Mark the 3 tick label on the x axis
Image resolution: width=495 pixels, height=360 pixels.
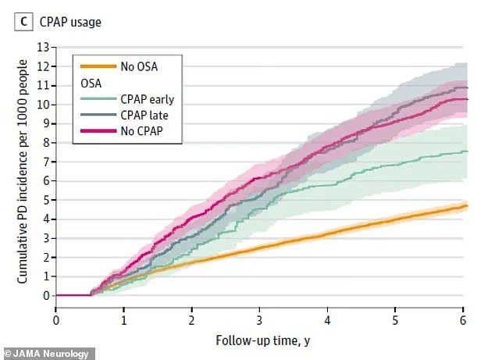click(259, 319)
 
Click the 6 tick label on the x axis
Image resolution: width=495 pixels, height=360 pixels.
click(463, 319)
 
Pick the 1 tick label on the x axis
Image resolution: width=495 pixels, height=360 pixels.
click(123, 319)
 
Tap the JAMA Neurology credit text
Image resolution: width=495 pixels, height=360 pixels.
click(48, 353)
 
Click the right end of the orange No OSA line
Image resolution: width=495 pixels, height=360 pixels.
click(465, 206)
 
